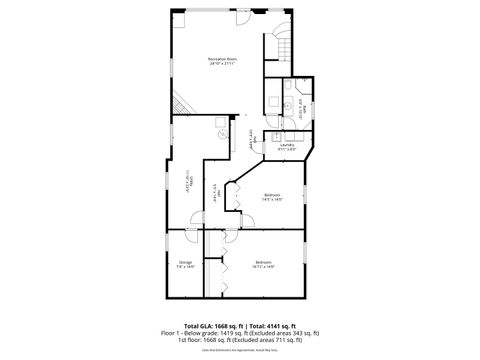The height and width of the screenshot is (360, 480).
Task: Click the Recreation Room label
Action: click(x=222, y=61)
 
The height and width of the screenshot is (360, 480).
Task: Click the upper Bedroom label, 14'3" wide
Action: click(x=272, y=197)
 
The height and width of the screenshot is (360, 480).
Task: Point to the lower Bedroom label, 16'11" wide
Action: click(x=264, y=265)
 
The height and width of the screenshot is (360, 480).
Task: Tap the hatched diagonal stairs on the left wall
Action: click(x=179, y=103)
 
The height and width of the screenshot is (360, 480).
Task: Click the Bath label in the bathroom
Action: click(x=302, y=113)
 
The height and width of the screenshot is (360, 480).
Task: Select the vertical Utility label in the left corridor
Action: click(x=189, y=184)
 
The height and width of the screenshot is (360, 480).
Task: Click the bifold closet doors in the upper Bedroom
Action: click(x=235, y=196)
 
